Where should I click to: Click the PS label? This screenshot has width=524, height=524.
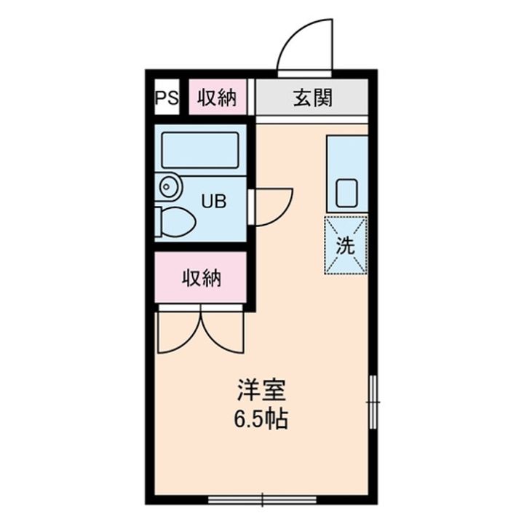(166, 98)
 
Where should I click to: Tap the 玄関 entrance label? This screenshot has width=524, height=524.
(312, 98)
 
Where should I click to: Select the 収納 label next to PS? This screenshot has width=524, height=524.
(218, 98)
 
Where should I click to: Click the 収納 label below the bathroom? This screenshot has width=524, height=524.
(201, 277)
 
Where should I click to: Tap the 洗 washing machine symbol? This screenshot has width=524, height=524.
(346, 245)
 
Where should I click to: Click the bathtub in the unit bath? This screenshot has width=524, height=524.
(199, 150)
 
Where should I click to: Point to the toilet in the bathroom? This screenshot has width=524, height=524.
(175, 222)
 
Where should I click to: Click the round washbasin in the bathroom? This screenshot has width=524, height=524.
(169, 187)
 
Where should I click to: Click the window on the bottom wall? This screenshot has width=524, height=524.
(262, 499)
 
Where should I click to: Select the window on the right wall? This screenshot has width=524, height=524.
(373, 401)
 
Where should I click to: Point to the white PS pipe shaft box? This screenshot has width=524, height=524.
(166, 98)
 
